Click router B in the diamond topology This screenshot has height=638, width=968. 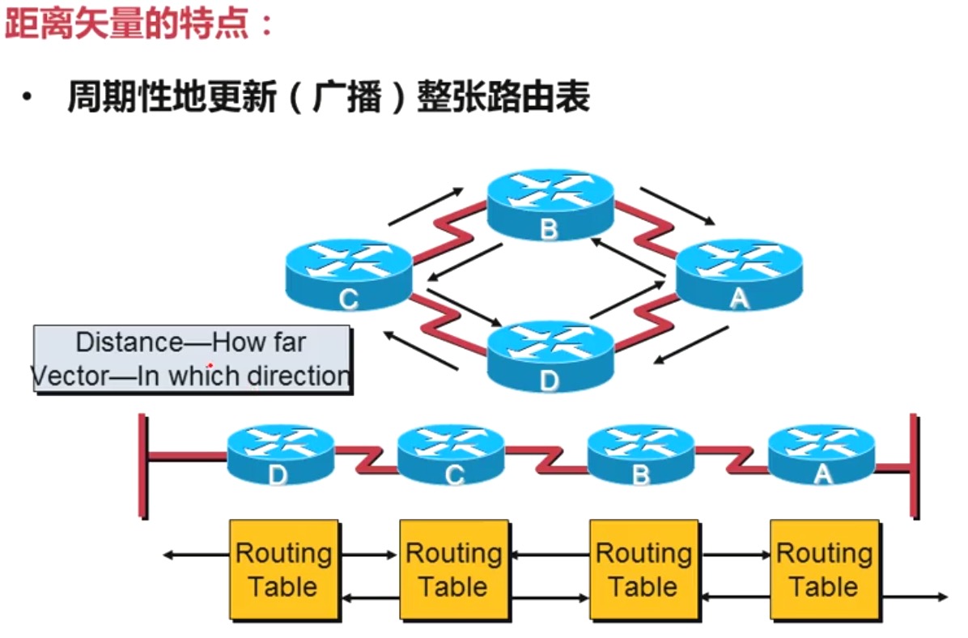550,205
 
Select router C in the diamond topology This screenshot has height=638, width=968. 349,275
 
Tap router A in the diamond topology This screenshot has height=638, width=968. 738,275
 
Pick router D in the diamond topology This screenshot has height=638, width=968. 550,356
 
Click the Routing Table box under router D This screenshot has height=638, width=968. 283,570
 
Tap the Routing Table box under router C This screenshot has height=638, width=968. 454,570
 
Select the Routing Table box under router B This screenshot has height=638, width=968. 643,570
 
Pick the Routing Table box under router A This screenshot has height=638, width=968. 824,570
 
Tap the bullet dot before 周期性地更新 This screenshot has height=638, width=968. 29,99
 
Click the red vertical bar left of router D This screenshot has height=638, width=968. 143,466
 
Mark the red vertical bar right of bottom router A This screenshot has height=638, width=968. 914,466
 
